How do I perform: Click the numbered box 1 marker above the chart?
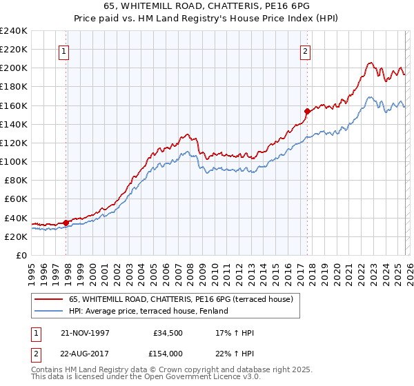pyautogui.click(x=63, y=50)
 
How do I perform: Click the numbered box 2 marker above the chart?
pyautogui.click(x=305, y=50)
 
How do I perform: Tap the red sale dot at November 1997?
pyautogui.click(x=66, y=223)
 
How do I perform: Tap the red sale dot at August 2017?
pyautogui.click(x=307, y=110)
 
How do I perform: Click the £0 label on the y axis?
pyautogui.click(x=21, y=255)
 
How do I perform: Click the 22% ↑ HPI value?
pyautogui.click(x=235, y=352)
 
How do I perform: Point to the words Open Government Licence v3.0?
pyautogui.click(x=202, y=378)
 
